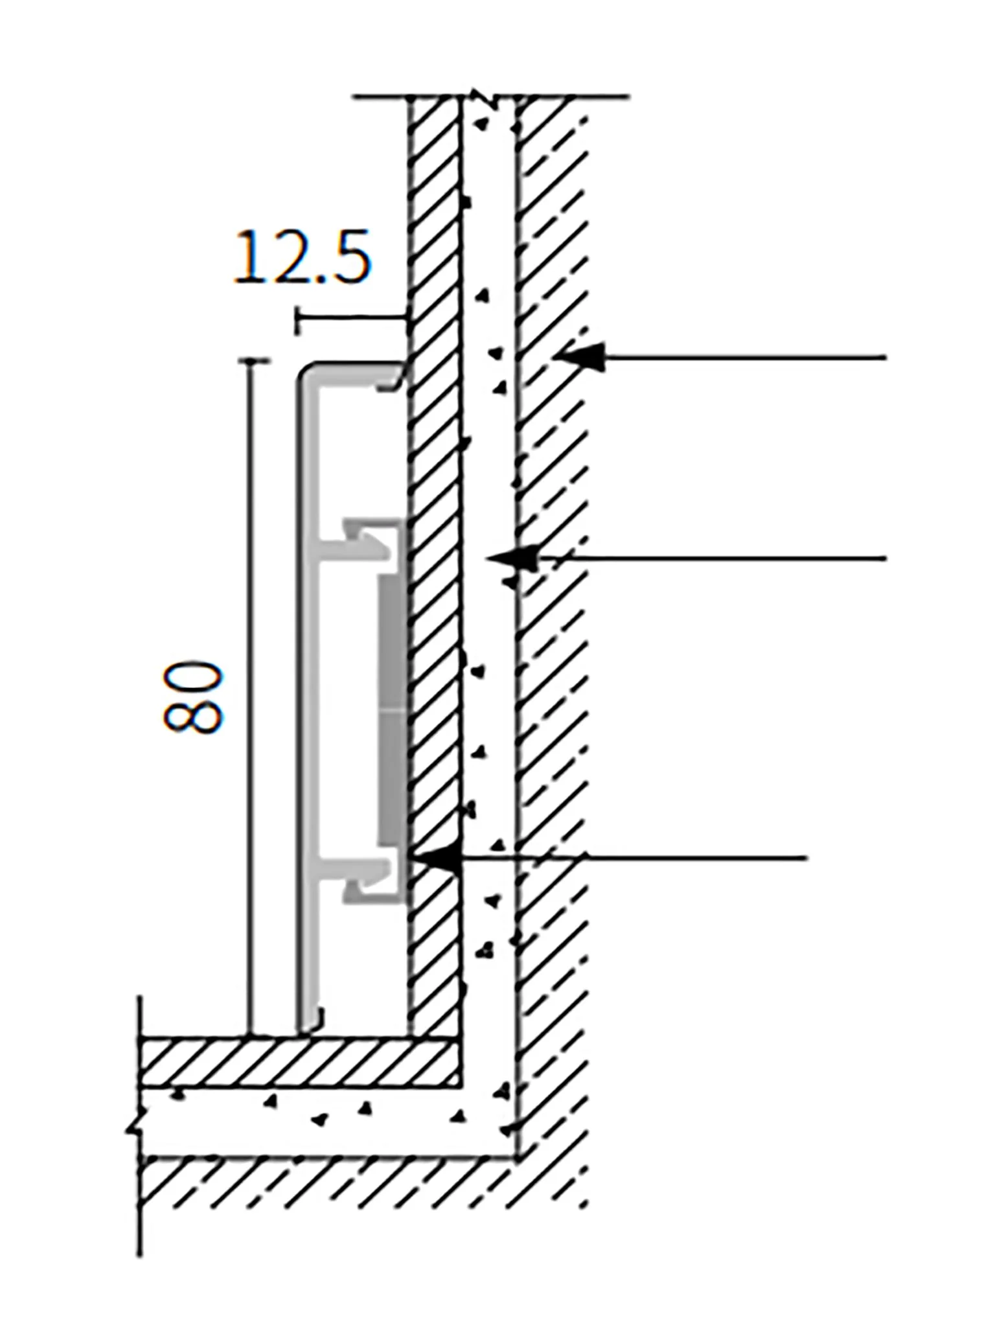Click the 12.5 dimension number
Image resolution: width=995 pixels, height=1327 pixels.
(303, 258)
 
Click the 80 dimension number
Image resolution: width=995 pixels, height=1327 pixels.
(192, 697)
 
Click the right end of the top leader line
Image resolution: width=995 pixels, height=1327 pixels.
(885, 357)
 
